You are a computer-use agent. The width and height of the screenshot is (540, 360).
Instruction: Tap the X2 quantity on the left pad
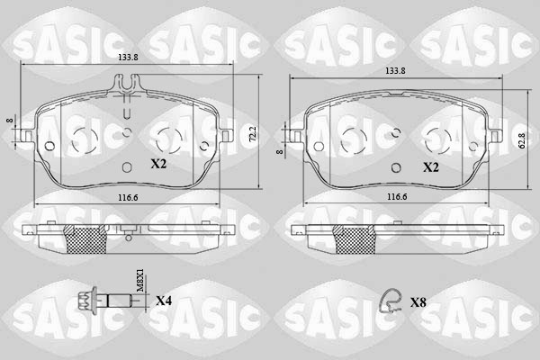pos(157,165)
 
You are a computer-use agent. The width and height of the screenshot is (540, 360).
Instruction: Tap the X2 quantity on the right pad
pos(431,166)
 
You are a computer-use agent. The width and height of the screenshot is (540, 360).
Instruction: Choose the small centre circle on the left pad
pos(127,133)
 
